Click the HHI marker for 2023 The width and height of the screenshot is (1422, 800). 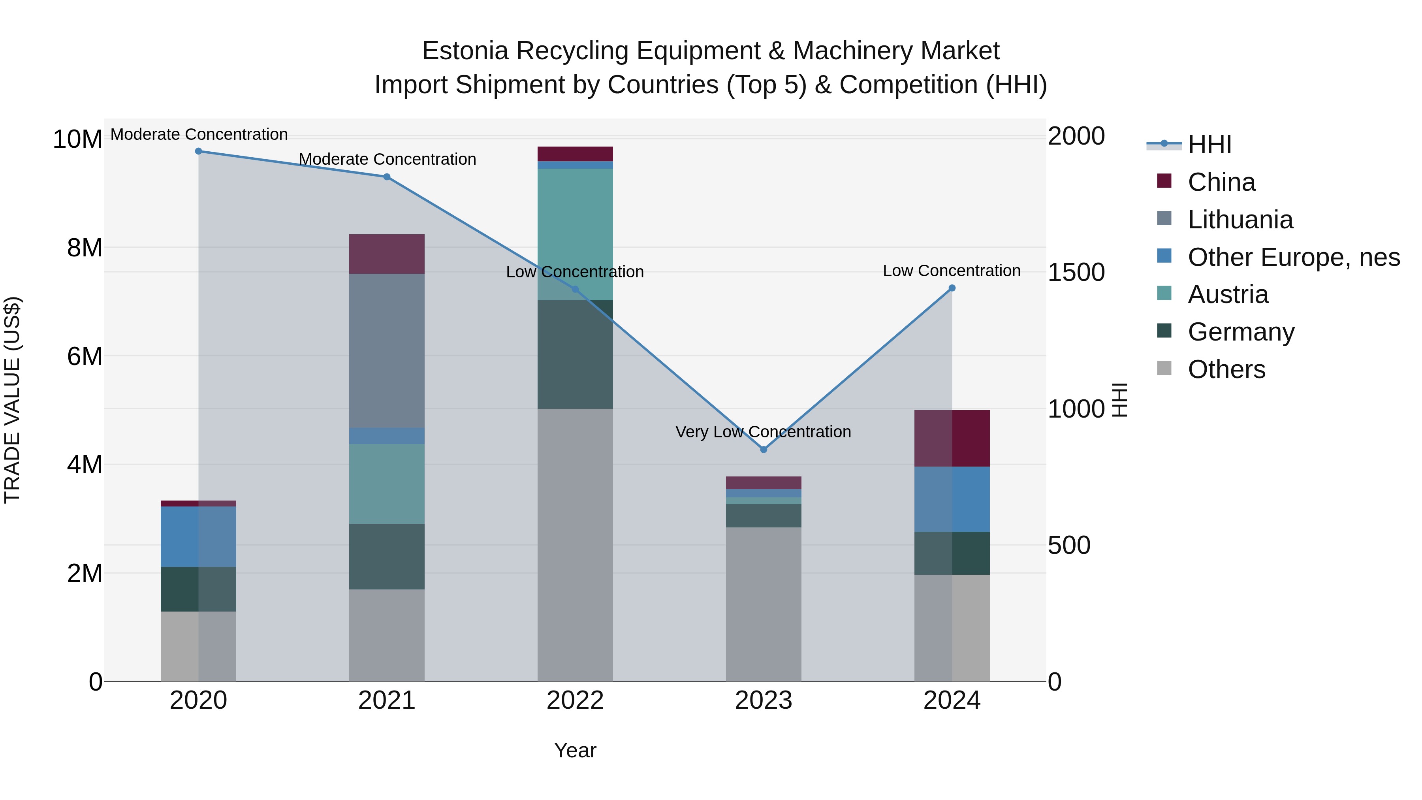[764, 450]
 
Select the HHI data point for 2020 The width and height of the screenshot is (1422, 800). [199, 151]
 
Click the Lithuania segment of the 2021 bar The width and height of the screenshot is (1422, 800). [386, 350]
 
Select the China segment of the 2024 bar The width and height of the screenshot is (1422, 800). [952, 439]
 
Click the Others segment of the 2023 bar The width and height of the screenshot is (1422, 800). [764, 604]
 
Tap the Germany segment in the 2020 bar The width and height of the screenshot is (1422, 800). [198, 589]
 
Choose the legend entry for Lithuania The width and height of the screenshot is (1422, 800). [1240, 220]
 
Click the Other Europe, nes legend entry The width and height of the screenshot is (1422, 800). [1293, 257]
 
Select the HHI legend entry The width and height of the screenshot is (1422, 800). [1209, 145]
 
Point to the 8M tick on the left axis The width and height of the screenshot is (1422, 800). [85, 248]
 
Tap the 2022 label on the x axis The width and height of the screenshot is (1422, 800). [575, 700]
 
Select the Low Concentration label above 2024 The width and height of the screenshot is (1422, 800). [951, 271]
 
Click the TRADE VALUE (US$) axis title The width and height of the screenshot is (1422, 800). [12, 400]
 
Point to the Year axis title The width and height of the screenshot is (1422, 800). [575, 750]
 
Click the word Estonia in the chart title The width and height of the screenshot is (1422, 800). [465, 51]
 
